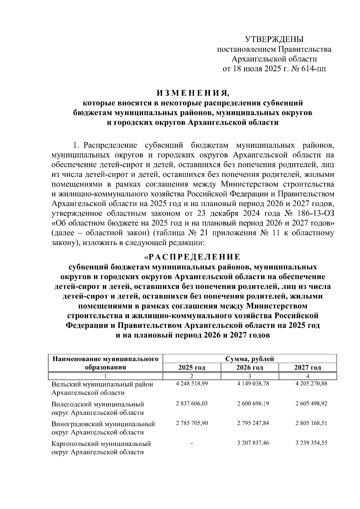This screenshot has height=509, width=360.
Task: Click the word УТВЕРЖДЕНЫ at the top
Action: point(274,39)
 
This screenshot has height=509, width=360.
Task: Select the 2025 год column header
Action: point(192,367)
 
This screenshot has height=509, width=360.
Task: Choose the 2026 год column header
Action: point(250,367)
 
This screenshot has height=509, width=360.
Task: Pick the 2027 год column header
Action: point(307,367)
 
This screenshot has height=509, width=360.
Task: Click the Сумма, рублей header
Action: point(250,359)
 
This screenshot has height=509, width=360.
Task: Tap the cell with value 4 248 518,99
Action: point(192,384)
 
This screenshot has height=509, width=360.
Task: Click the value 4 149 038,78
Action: point(253,384)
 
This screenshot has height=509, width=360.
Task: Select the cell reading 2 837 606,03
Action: point(192,404)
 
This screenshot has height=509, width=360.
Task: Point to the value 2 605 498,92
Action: point(311,404)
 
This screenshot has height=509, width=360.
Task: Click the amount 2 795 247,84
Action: point(253,423)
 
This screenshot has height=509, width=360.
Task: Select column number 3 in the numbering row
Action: point(250,376)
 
